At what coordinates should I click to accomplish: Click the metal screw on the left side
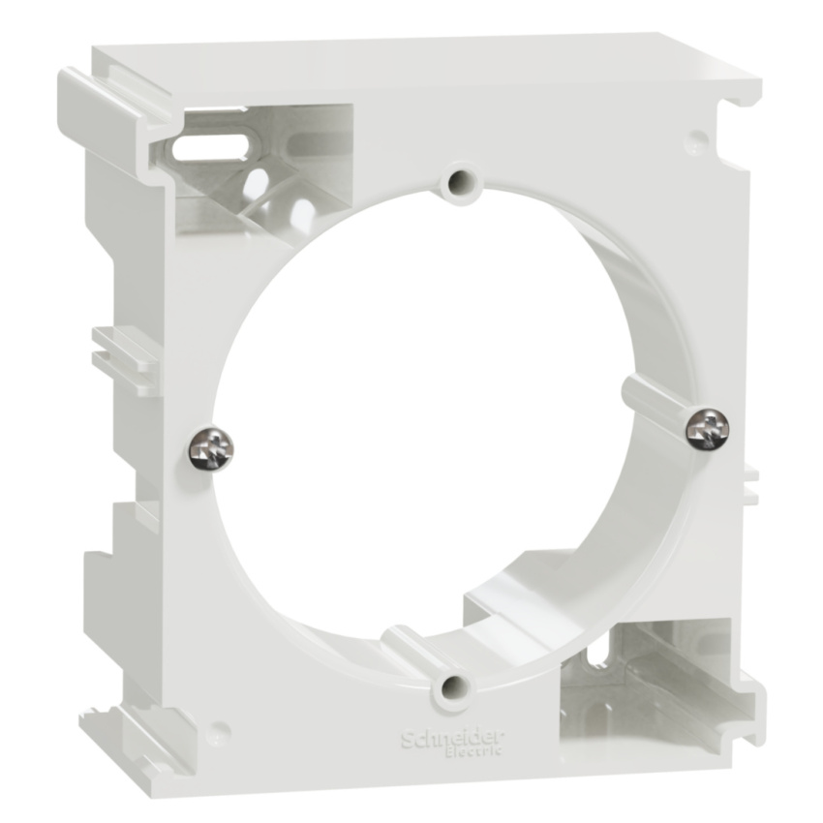[x=211, y=448]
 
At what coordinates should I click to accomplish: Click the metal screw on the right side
[x=707, y=429]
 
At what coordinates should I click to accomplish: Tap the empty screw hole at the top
[x=461, y=182]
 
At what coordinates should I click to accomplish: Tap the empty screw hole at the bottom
[x=454, y=687]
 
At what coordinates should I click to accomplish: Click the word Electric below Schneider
[x=473, y=751]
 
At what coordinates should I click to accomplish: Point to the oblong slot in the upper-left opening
[x=210, y=148]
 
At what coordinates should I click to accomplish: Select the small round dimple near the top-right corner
[x=697, y=138]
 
